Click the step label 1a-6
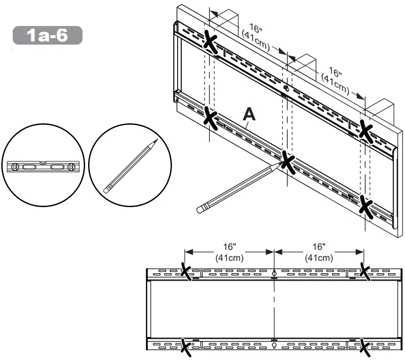coord(48,35)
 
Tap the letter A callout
coord(249,115)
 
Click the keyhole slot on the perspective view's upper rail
coord(285,88)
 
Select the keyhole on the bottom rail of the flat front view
coord(274,345)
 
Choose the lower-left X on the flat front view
coord(186,347)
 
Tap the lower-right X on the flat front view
coord(364,347)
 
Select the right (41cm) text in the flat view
coord(319,258)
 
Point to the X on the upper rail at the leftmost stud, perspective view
coord(211,41)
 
